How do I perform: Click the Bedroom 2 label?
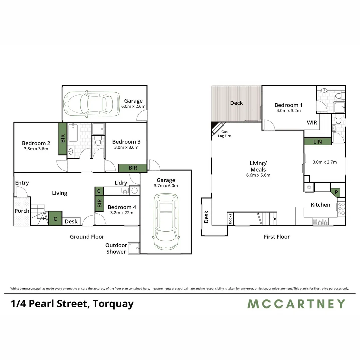tap(36, 143)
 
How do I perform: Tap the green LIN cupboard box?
tap(317, 142)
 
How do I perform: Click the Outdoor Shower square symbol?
tap(135, 248)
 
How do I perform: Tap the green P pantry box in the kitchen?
tap(336, 192)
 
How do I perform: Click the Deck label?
tap(236, 103)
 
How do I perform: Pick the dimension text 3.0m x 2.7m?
tap(324, 162)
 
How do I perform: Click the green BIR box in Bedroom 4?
tap(99, 203)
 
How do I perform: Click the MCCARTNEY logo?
tap(296, 304)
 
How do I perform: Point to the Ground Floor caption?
tap(87, 237)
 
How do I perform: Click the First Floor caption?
tap(277, 237)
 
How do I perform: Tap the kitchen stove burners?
tap(341, 209)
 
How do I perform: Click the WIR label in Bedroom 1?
tap(312, 123)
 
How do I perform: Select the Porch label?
tap(22, 211)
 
